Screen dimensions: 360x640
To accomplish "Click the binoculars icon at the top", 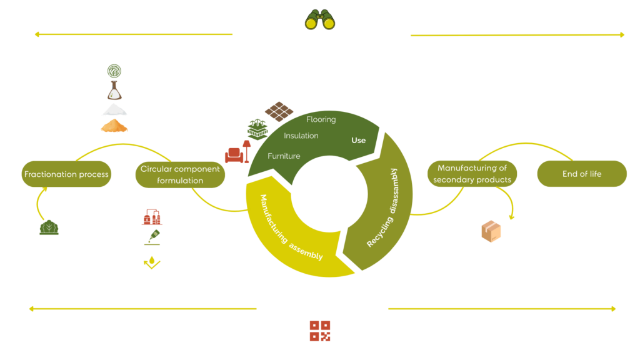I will tap(320, 18).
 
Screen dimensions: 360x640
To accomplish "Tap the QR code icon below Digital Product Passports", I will tap(320, 331).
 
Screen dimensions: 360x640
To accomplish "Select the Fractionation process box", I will tap(66, 174).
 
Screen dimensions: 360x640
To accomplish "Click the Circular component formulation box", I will tap(180, 174).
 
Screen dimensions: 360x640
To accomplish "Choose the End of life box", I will tap(582, 174).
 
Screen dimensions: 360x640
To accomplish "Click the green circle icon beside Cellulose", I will tap(114, 72).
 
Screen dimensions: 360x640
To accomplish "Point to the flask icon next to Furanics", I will tap(114, 91).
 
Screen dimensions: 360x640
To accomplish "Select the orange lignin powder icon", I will tap(114, 127).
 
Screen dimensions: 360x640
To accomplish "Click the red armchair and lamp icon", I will tap(237, 152).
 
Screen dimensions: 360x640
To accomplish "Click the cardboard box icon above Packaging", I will tap(491, 231).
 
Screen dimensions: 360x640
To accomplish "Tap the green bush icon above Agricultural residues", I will tap(49, 228).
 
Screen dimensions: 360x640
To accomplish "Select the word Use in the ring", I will tap(358, 140).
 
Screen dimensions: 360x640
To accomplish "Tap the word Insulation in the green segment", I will tap(301, 136).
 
